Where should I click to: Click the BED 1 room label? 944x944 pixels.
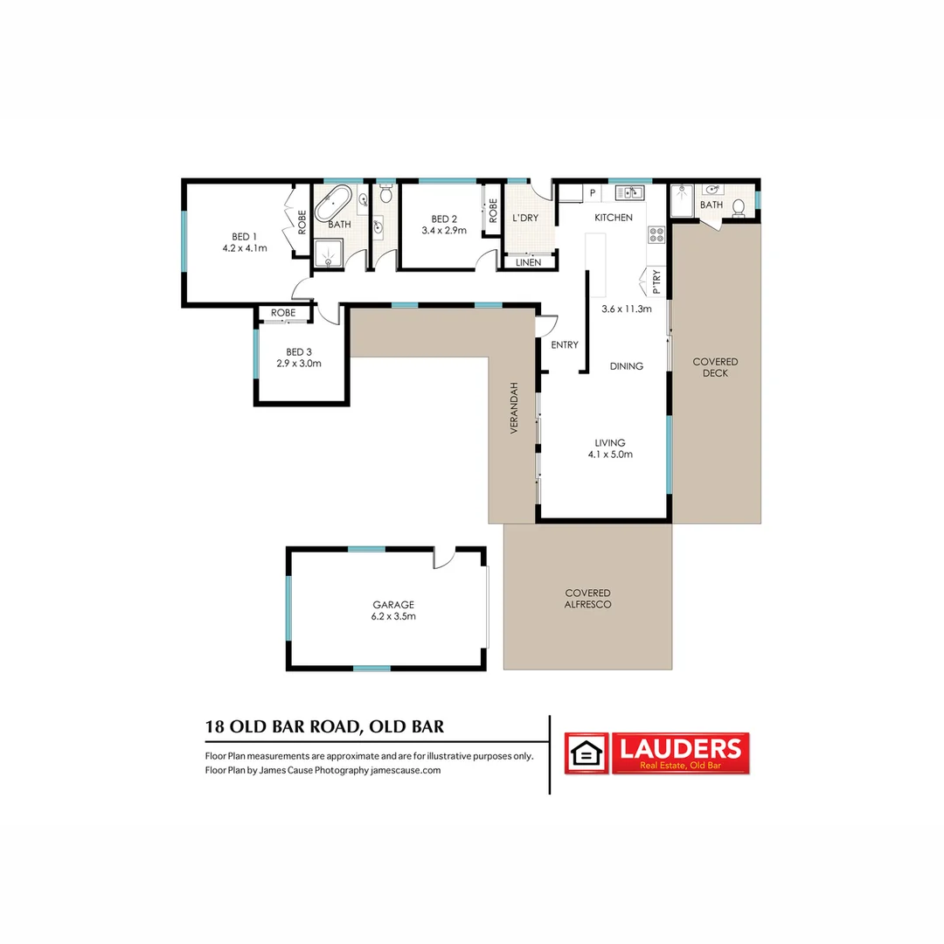pos(244,236)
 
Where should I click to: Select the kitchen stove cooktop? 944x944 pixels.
pos(655,234)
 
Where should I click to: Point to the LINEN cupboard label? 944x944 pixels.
pos(528,262)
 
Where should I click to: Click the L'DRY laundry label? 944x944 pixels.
pos(525,218)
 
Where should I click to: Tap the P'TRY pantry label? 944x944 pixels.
pos(656,281)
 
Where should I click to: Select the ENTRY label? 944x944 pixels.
pos(564,344)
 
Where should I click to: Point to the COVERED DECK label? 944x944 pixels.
pos(715,367)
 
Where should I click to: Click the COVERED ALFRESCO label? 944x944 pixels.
pos(587,599)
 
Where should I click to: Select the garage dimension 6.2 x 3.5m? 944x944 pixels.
pos(393,616)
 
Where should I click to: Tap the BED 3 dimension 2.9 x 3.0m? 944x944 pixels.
pos(299,363)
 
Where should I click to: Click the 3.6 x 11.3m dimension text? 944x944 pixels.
pos(627,309)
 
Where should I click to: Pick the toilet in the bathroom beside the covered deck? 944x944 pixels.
pos(739,207)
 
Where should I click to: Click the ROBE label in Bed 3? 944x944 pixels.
pos(282,312)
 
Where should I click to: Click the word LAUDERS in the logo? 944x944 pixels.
pos(680,748)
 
